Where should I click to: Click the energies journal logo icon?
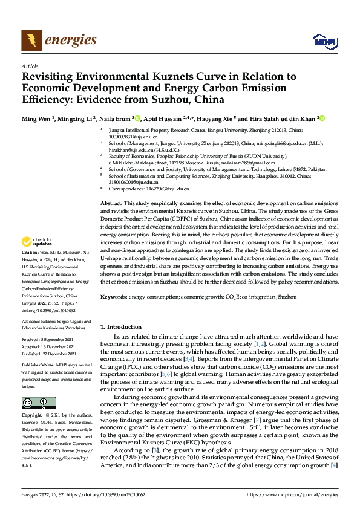click(30, 41)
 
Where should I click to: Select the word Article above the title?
click(30, 66)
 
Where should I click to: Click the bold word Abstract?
click(111, 204)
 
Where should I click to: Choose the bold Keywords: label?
click(114, 297)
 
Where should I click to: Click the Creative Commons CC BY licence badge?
click(38, 386)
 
